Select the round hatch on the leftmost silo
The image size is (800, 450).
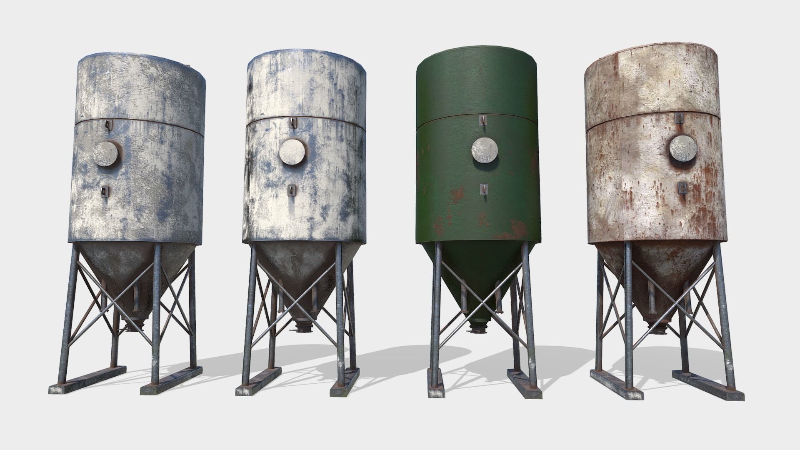[107, 154]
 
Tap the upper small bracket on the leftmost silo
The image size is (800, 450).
[109, 124]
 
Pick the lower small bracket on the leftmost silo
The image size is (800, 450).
[104, 191]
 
